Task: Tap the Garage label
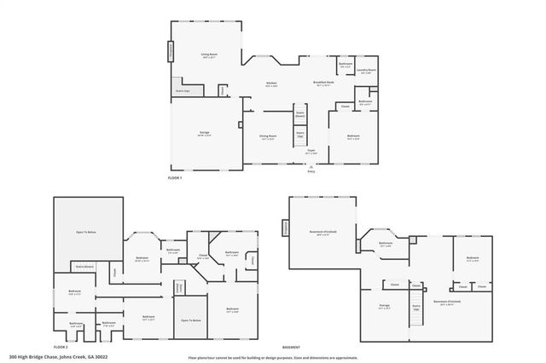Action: pos(205,134)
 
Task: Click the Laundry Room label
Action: pos(368,72)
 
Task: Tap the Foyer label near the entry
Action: pos(311,151)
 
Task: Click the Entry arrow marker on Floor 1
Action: pos(311,167)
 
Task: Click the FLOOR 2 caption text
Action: pos(60,347)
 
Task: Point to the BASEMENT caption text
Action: pos(293,347)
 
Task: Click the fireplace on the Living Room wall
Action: pos(170,50)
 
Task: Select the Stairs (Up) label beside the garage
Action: pos(182,89)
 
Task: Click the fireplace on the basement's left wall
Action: pos(286,228)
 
